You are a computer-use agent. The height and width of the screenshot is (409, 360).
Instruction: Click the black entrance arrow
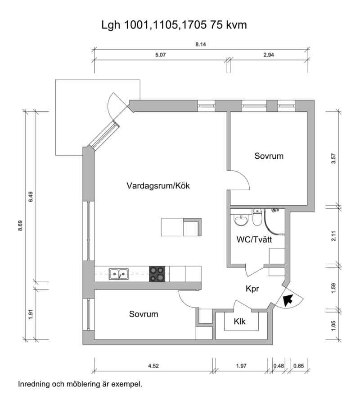(288, 300)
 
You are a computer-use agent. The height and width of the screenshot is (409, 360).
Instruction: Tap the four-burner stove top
(157, 274)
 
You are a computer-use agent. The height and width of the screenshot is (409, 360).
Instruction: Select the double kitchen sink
(119, 274)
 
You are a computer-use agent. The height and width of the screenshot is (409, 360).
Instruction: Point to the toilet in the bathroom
(257, 217)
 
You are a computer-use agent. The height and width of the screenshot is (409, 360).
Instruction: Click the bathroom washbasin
(241, 220)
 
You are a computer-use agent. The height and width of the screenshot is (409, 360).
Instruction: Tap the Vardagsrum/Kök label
(158, 186)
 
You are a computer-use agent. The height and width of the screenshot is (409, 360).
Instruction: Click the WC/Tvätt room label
(254, 239)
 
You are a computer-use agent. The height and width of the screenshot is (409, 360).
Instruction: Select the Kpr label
(252, 289)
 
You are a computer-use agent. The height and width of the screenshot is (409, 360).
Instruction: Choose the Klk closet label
(239, 322)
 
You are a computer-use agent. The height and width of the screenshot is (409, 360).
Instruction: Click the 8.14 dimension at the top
(201, 44)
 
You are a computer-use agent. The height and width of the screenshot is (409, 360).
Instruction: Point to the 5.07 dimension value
(160, 55)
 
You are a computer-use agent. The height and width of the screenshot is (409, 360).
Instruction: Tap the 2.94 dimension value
(269, 55)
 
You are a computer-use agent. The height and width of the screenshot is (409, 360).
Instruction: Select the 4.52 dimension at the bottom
(153, 366)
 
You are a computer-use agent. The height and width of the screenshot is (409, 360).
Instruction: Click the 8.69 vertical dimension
(20, 225)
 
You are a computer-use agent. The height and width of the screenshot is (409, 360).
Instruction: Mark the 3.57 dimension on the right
(333, 159)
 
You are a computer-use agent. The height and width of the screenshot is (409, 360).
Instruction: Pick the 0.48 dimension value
(279, 366)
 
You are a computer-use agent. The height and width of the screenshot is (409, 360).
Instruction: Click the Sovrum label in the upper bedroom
(269, 156)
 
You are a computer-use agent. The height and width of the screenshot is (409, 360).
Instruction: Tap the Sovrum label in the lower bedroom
(144, 314)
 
